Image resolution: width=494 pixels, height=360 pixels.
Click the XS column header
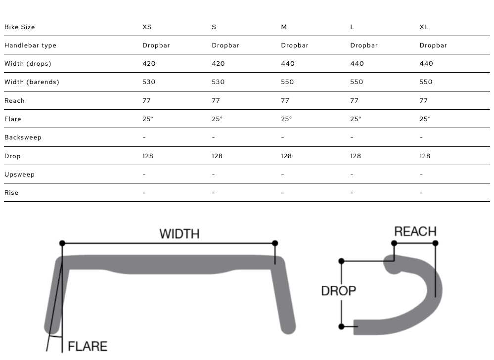[147, 27]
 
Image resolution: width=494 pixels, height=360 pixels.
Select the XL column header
[424, 27]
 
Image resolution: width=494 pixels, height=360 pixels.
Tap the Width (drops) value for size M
[288, 64]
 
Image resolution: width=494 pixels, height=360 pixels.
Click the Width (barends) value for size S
[218, 82]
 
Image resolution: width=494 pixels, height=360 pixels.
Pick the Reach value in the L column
[355, 101]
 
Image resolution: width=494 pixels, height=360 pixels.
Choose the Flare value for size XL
[425, 119]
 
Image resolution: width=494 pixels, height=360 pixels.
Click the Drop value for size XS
[148, 156]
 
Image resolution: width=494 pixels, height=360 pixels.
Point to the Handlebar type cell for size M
[295, 45]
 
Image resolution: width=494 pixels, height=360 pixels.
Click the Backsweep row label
[23, 137]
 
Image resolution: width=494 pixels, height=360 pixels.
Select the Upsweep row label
[20, 175]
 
